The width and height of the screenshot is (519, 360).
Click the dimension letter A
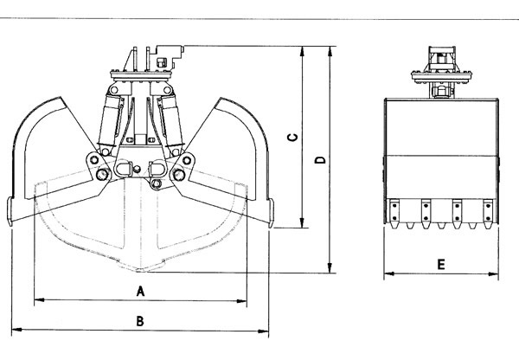click(141, 291)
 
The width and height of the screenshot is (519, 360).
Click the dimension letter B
click(140, 321)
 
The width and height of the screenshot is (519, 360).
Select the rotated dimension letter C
click(292, 137)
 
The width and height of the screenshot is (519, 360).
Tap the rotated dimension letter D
click(320, 160)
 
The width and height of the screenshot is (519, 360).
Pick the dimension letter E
click(441, 265)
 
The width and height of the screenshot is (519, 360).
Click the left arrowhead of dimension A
click(39, 300)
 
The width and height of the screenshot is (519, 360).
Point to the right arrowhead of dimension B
click(264, 331)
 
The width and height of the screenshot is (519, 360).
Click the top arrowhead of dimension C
click(302, 51)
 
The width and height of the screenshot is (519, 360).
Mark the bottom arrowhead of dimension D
click(330, 268)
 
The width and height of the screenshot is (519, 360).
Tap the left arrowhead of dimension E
click(389, 273)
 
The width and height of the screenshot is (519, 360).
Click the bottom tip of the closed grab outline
click(141, 272)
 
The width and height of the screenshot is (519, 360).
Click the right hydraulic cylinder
click(171, 122)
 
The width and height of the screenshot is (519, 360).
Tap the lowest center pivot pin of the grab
click(156, 183)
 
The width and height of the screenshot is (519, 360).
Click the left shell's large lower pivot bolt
click(102, 174)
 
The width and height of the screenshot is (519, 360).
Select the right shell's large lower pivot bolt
click(179, 175)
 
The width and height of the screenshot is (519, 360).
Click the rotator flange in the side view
click(441, 76)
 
